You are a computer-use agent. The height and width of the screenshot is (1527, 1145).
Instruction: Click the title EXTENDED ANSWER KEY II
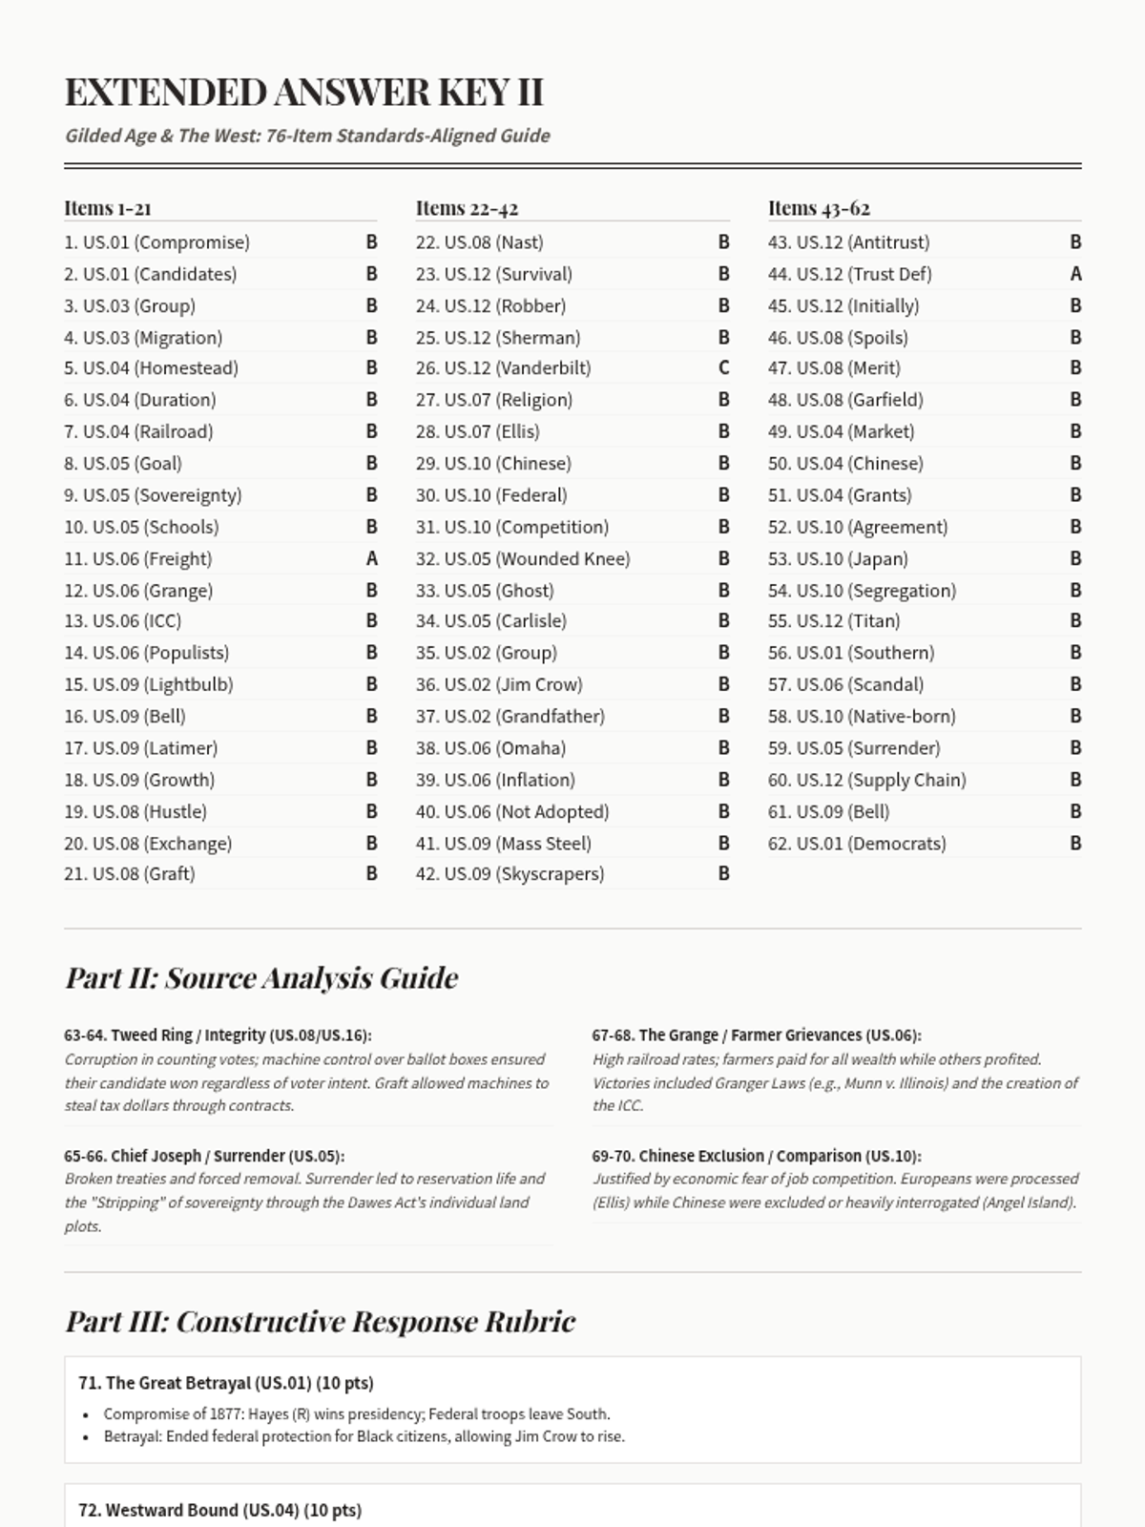click(x=303, y=93)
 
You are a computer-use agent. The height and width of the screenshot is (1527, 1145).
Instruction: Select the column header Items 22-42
click(x=467, y=208)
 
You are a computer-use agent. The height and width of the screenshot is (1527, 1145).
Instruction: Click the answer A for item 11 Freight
click(x=372, y=558)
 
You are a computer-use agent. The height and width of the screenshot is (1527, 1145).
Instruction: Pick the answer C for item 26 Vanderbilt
click(x=724, y=367)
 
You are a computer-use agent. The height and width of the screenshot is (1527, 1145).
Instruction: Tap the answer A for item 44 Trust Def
click(x=1075, y=274)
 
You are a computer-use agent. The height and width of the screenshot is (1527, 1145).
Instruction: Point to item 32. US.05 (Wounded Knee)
click(x=523, y=558)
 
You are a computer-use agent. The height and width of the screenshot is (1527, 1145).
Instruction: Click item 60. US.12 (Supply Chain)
click(x=866, y=780)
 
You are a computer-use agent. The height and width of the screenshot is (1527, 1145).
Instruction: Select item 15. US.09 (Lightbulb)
click(x=149, y=684)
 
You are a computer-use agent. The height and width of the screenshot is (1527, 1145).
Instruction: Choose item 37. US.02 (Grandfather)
click(x=510, y=716)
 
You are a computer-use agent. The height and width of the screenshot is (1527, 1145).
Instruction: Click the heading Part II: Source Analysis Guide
click(x=261, y=978)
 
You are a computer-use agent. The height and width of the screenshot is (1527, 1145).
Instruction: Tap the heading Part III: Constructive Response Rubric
click(x=320, y=1322)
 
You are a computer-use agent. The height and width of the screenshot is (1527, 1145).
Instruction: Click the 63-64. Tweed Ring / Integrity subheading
click(x=218, y=1035)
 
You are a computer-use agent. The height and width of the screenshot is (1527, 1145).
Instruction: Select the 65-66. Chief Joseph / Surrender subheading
click(x=204, y=1156)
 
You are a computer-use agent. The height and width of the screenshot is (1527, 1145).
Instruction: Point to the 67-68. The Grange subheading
click(x=756, y=1035)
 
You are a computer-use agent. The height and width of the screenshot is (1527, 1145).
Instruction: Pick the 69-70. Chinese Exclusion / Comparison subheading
click(x=756, y=1156)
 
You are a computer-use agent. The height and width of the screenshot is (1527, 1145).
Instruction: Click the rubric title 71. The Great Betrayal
click(x=226, y=1383)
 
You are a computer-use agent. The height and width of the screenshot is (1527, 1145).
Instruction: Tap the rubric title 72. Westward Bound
click(x=219, y=1510)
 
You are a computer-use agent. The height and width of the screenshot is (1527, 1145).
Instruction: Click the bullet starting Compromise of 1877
click(x=357, y=1414)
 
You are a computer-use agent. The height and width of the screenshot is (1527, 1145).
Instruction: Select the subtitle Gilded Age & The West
click(x=307, y=136)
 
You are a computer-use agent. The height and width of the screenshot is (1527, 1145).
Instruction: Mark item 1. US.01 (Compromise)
click(x=156, y=242)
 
